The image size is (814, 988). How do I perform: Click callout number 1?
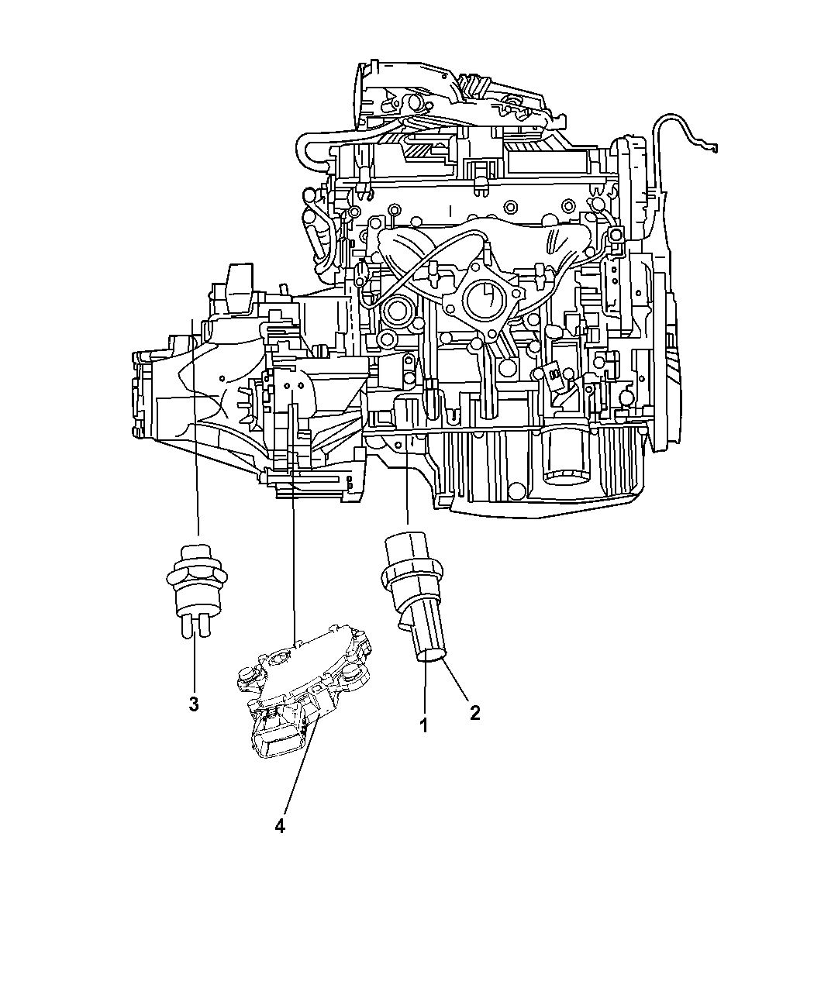424,738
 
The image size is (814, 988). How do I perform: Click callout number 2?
474,726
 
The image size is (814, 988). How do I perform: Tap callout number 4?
280,826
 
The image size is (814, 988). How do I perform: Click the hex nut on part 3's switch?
196,577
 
